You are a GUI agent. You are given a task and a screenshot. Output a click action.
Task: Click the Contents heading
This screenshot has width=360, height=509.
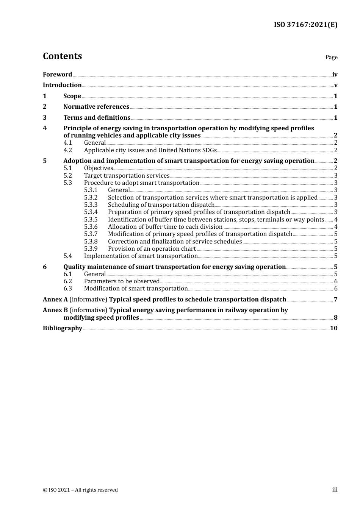(62, 56)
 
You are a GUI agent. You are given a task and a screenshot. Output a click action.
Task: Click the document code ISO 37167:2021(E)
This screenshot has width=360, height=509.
(305, 25)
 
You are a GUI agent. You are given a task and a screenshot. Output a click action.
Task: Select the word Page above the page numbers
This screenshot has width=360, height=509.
(331, 57)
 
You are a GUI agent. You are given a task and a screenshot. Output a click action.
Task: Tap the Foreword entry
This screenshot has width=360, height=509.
(57, 75)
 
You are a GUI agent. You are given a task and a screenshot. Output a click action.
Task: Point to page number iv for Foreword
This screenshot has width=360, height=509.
(335, 75)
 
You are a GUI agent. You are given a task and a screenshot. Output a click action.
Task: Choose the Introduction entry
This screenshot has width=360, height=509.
(62, 85)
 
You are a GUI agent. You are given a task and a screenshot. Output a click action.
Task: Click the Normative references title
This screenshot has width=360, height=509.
(96, 107)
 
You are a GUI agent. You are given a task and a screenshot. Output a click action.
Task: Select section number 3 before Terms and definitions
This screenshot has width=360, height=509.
(45, 118)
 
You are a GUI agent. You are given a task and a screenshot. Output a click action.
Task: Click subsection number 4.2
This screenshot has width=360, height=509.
(68, 150)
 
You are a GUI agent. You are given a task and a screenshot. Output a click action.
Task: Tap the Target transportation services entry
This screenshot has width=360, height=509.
(127, 176)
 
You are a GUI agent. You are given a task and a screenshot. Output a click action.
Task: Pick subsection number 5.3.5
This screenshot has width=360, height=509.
(91, 220)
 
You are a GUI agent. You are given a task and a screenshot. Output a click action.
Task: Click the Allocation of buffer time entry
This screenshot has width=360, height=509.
(165, 227)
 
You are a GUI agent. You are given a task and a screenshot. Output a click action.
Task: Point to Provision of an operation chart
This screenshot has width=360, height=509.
(152, 249)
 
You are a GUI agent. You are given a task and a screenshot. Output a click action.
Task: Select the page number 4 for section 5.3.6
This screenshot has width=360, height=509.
(336, 227)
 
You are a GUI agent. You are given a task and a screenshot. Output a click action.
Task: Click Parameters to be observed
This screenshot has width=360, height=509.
(122, 281)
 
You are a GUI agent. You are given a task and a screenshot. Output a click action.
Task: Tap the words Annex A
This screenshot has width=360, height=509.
(55, 300)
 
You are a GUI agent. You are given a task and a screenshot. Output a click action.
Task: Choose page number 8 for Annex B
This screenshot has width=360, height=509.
(335, 318)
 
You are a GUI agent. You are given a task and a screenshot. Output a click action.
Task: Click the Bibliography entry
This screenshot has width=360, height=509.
(63, 328)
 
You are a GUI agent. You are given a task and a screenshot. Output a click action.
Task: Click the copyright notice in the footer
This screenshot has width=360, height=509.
(80, 490)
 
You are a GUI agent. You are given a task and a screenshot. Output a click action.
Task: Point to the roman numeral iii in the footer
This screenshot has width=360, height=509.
(335, 490)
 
